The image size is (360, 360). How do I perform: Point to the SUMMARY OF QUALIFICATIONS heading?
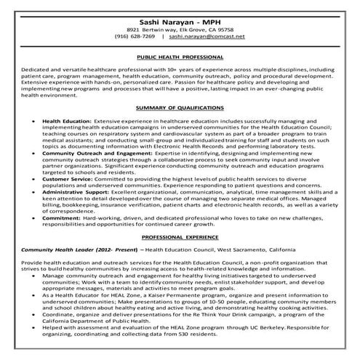point(180,108)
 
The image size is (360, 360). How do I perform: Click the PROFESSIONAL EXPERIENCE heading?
point(180,237)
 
